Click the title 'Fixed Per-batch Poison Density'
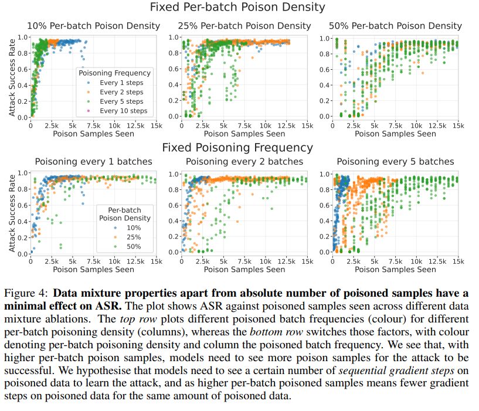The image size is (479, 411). tap(238, 8)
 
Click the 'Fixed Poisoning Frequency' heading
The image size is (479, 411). tap(237, 148)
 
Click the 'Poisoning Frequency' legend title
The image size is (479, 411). tap(115, 73)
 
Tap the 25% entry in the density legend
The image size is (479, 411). tap(131, 237)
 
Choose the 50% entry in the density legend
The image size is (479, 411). tap(131, 246)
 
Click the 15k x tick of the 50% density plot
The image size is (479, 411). tap(457, 125)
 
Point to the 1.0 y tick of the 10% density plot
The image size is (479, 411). tap(22, 36)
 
